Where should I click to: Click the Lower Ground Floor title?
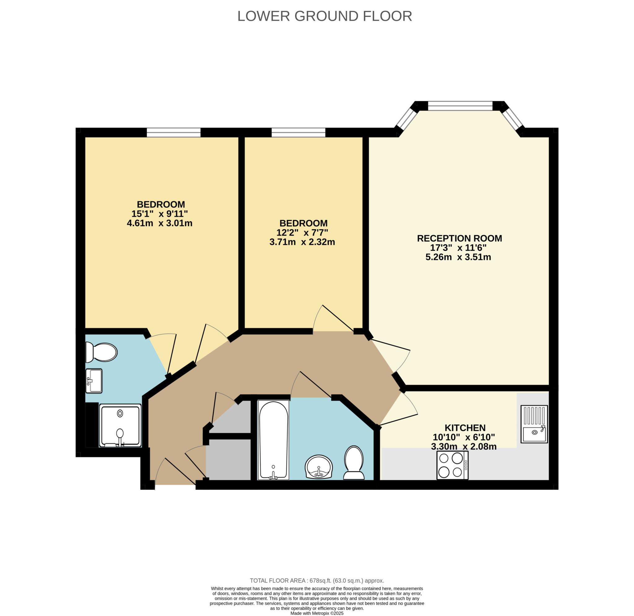click(324, 16)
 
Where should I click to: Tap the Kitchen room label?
click(465, 428)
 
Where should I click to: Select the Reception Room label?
click(459, 238)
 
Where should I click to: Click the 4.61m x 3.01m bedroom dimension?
click(159, 223)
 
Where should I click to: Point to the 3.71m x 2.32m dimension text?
click(302, 242)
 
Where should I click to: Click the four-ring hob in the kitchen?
click(452, 465)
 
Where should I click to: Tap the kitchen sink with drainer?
click(534, 424)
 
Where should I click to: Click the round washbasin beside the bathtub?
click(319, 467)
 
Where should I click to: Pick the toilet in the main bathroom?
click(354, 463)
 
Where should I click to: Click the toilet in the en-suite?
click(101, 353)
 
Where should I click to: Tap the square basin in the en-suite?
click(94, 381)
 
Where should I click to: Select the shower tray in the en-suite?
click(120, 425)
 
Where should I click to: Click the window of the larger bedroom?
click(174, 132)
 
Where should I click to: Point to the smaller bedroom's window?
click(298, 132)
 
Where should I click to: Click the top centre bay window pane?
click(460, 106)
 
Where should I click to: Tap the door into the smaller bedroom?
click(333, 318)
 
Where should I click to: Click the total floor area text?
click(317, 580)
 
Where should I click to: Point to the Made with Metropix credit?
click(317, 613)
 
